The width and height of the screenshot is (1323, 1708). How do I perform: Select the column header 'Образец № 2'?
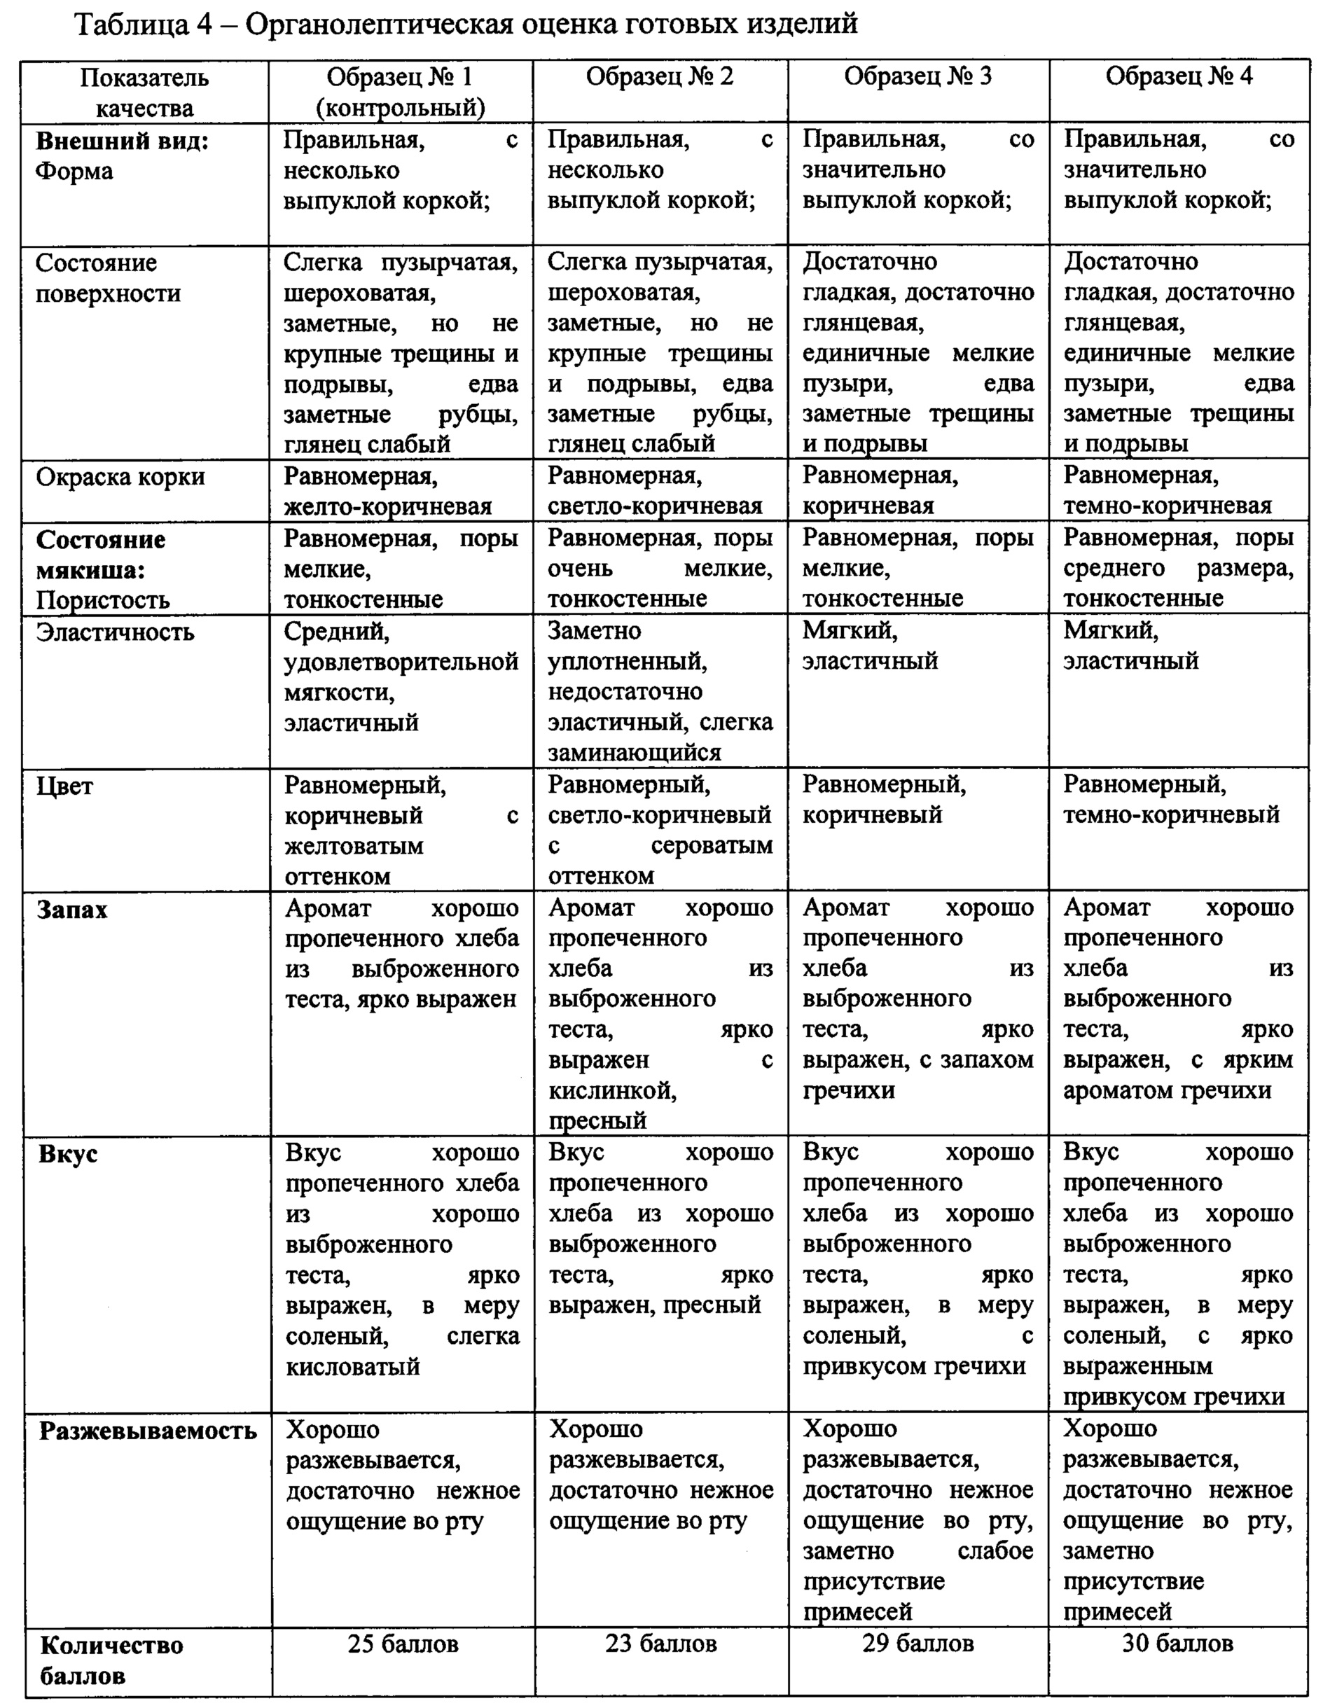pyautogui.click(x=660, y=76)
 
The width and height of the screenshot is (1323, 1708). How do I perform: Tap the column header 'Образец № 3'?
pyautogui.click(x=918, y=76)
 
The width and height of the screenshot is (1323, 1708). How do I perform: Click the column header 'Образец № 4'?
pyautogui.click(x=1178, y=76)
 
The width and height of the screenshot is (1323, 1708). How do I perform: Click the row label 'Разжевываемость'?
pyautogui.click(x=148, y=1431)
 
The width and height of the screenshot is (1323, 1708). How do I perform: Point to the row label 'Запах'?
pyautogui.click(x=72, y=910)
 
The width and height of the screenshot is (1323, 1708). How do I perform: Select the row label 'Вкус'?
pyautogui.click(x=68, y=1153)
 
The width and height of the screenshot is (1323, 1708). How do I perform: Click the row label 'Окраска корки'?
pyautogui.click(x=120, y=477)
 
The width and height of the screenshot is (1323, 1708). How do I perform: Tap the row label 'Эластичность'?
pyautogui.click(x=115, y=632)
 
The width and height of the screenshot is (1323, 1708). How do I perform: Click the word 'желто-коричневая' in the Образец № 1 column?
pyautogui.click(x=388, y=507)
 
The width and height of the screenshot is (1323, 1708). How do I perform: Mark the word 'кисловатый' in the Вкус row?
pyautogui.click(x=353, y=1366)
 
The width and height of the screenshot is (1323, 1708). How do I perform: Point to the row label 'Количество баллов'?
pyautogui.click(x=111, y=1660)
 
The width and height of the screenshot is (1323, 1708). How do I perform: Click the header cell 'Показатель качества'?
pyautogui.click(x=145, y=92)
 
